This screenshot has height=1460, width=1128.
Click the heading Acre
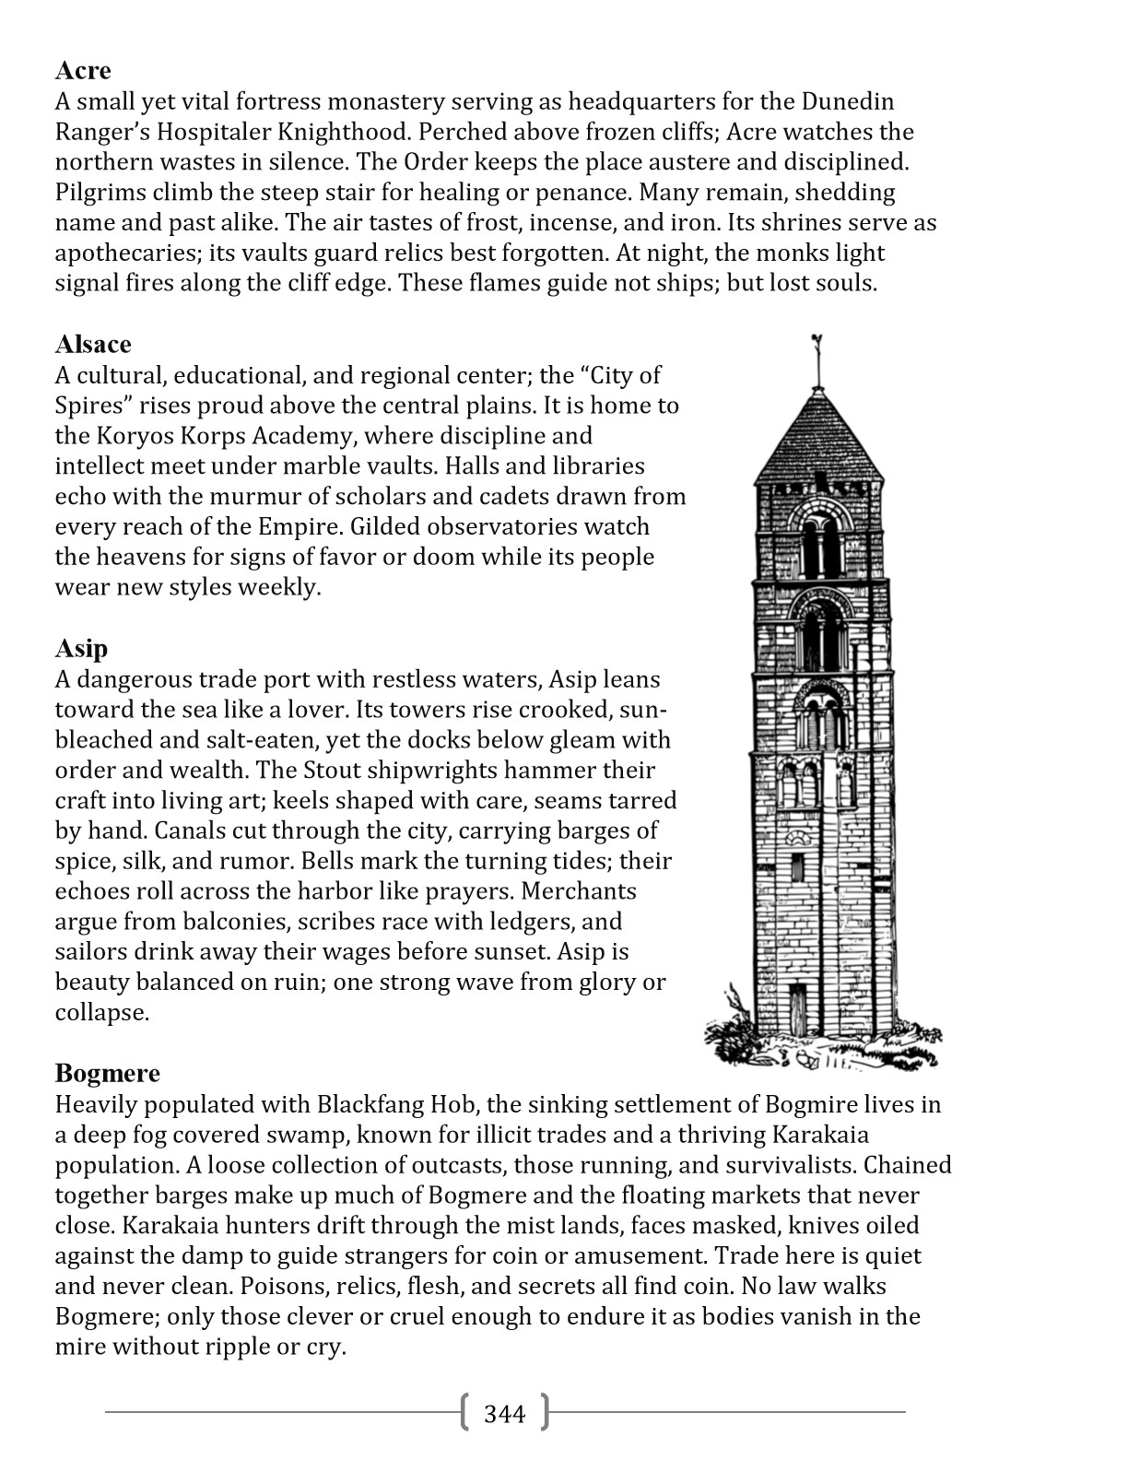point(83,71)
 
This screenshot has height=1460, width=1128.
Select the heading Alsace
point(93,345)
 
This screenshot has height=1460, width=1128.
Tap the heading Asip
point(81,649)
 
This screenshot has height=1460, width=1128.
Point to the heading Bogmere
point(107,1074)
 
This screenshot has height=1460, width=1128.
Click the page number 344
point(504,1414)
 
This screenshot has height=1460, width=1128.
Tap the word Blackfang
point(372,1104)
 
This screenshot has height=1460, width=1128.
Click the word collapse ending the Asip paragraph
point(100,1013)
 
